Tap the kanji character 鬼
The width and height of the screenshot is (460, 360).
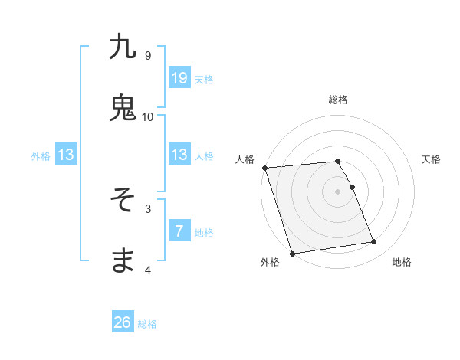[123, 108]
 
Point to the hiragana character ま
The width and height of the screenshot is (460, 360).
[123, 261]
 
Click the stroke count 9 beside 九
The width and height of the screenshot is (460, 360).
[147, 55]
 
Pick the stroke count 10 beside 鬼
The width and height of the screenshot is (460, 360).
[147, 116]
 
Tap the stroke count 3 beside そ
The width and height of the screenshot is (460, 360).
[147, 208]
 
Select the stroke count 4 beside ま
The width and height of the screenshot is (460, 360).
[147, 270]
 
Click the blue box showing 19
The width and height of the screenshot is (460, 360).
[179, 78]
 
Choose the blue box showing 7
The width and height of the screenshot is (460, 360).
[179, 231]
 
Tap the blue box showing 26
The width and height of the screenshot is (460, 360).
[123, 322]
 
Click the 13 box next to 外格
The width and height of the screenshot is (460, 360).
[66, 155]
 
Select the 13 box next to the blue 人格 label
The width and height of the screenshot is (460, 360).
[179, 155]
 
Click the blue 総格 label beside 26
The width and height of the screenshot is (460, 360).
[147, 324]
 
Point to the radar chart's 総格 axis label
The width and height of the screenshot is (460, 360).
[337, 100]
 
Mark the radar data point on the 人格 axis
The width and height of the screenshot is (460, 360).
[264, 168]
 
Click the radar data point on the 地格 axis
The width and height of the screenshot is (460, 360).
[373, 242]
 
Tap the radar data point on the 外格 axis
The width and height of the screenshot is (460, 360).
[292, 253]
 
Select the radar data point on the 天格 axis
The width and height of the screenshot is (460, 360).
[352, 187]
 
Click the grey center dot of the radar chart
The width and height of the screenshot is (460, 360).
[337, 191]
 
